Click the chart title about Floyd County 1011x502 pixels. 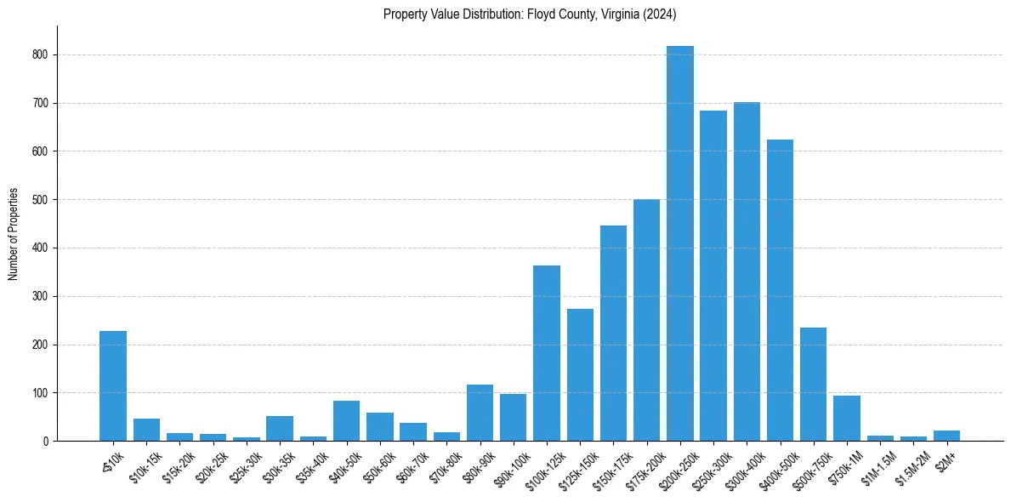pos(530,14)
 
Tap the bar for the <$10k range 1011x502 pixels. pos(113,386)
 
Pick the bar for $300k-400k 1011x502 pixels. pos(747,272)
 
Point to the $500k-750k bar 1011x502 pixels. pos(813,385)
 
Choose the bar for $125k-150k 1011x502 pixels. pos(580,375)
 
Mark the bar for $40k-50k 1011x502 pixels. pos(346,421)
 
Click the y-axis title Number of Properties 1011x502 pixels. pos(13,234)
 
